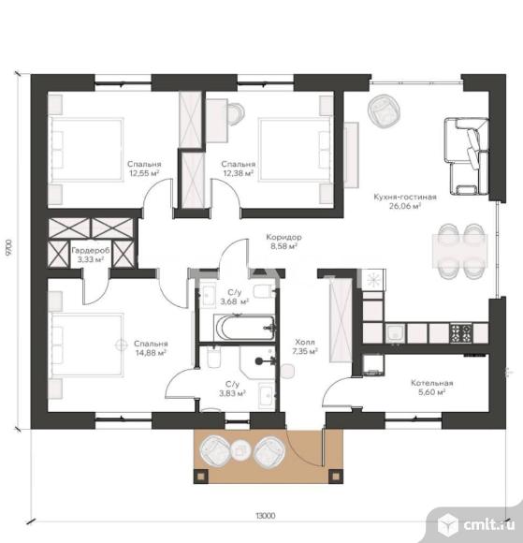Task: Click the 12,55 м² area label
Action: click(x=144, y=173)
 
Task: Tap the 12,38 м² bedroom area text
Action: click(x=239, y=173)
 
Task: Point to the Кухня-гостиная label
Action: click(x=405, y=197)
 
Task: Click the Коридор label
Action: click(x=283, y=237)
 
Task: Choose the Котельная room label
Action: click(x=432, y=383)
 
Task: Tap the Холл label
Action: click(x=305, y=342)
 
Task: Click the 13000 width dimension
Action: click(x=266, y=516)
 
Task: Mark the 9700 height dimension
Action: click(x=8, y=247)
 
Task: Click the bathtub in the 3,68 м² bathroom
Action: click(x=244, y=327)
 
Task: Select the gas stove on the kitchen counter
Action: click(x=460, y=332)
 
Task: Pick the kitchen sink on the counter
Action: click(x=395, y=332)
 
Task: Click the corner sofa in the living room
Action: click(x=467, y=155)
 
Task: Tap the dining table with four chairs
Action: click(x=460, y=251)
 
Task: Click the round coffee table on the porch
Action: click(x=240, y=450)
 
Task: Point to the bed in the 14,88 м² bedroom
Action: click(x=87, y=345)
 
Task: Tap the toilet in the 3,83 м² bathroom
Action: click(x=214, y=357)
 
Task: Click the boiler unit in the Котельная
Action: click(x=373, y=364)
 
